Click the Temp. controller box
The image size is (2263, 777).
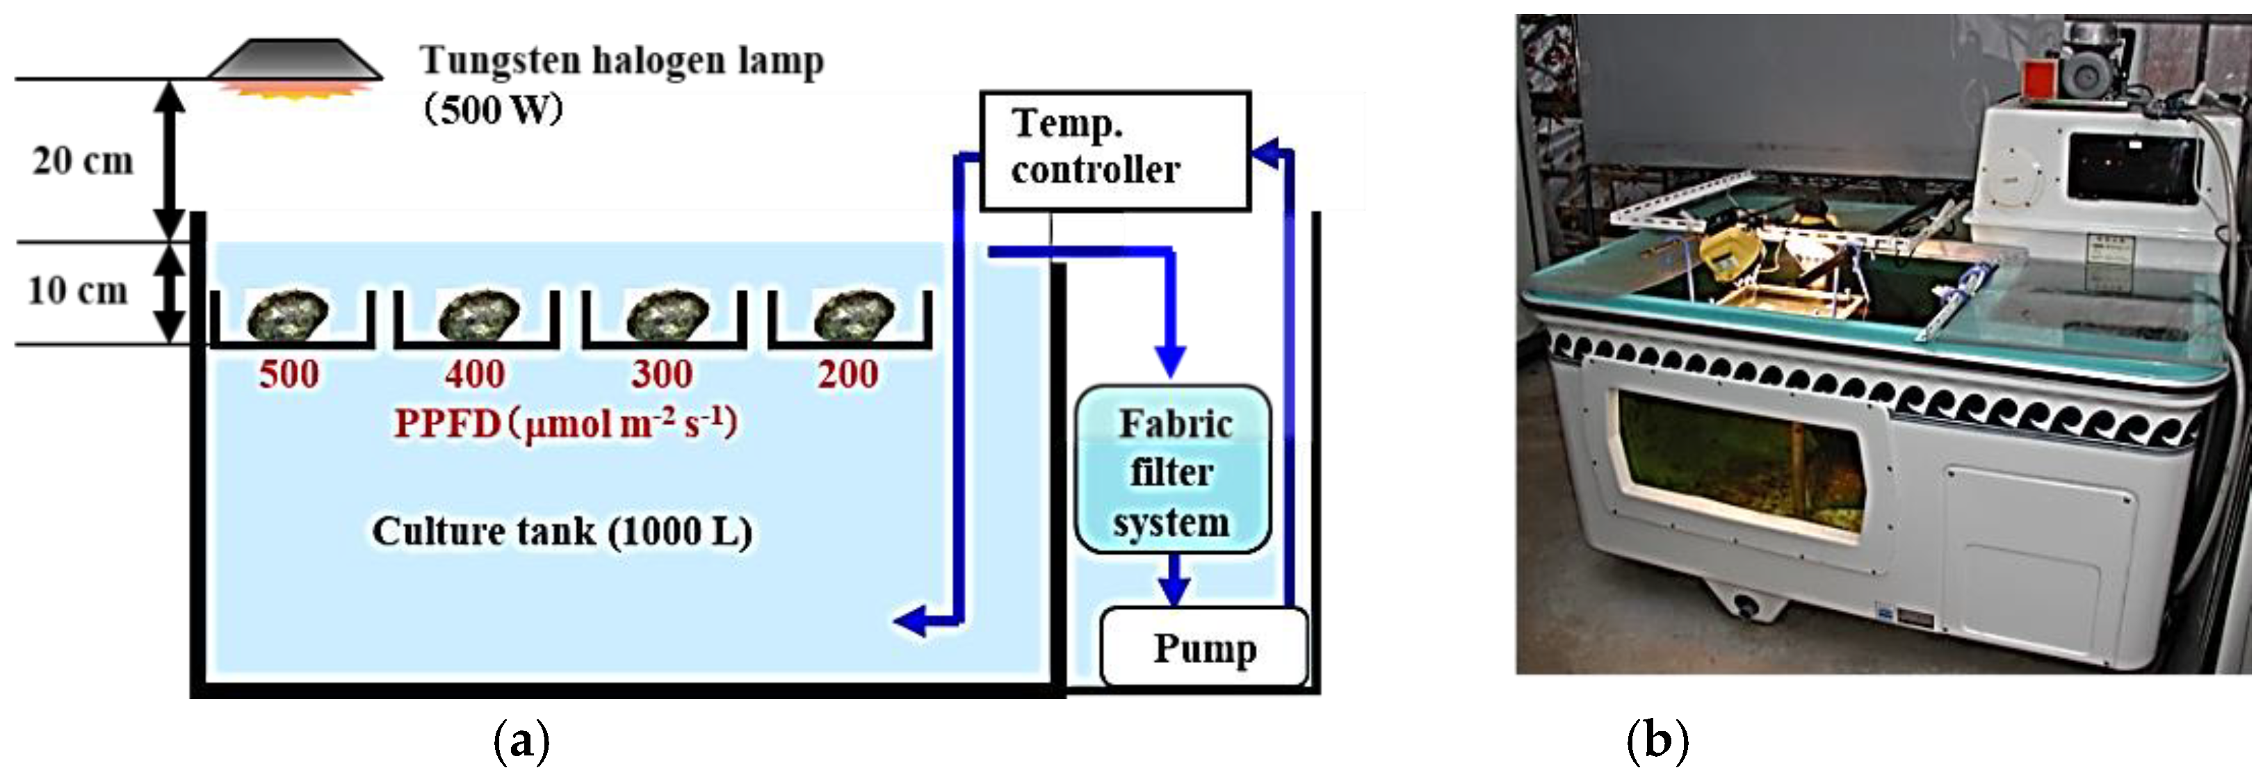click(x=1114, y=150)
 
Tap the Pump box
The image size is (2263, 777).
click(x=1203, y=648)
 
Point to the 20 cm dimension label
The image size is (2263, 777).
click(x=83, y=161)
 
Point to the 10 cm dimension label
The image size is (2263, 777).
click(x=77, y=290)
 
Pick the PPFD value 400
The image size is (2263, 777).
click(x=474, y=375)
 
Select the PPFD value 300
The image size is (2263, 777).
click(x=661, y=375)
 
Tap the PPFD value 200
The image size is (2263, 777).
click(x=847, y=375)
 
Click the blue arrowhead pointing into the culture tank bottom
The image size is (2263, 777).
click(x=910, y=621)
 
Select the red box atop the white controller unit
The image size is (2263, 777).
click(x=2038, y=77)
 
